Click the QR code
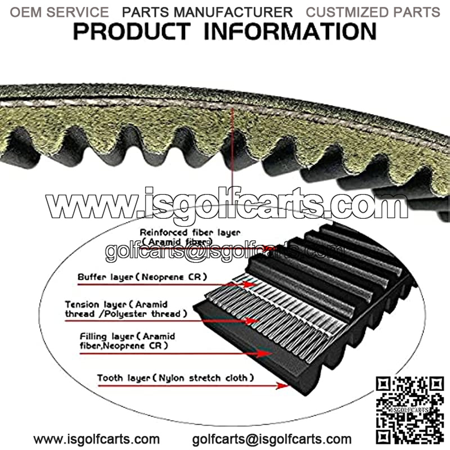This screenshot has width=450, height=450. click(x=410, y=410)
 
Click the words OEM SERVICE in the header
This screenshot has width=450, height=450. click(x=60, y=12)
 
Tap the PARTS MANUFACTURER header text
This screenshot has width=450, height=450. click(x=207, y=12)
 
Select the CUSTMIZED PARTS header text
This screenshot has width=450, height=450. click(x=373, y=12)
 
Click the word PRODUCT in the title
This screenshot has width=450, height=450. click(x=132, y=31)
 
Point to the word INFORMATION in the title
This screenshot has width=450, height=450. click(x=290, y=31)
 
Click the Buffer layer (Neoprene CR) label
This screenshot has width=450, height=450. click(x=142, y=277)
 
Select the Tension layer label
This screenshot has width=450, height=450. click(x=126, y=309)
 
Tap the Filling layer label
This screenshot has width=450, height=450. click(x=127, y=341)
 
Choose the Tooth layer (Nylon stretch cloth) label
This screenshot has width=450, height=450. click(x=175, y=378)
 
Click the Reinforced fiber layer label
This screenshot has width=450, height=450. click(x=190, y=237)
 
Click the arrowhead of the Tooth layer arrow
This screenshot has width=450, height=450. click(x=283, y=385)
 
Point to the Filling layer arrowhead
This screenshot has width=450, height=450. click(x=264, y=354)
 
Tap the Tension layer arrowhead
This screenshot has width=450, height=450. click(x=252, y=321)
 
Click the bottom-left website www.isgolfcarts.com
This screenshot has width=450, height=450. click(x=96, y=439)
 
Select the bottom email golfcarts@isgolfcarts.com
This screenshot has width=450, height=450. click(x=272, y=439)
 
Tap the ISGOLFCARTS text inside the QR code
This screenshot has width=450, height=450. click(x=409, y=410)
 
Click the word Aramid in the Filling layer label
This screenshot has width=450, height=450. click(x=159, y=336)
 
